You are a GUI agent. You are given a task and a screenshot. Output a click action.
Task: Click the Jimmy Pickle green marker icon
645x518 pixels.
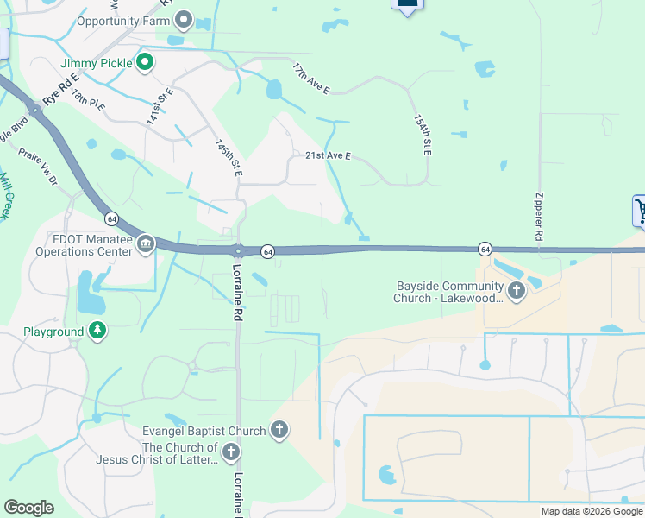145,62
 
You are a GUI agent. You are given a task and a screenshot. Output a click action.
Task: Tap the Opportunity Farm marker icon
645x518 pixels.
183,21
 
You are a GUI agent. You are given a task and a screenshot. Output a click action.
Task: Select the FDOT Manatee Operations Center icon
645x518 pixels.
145,245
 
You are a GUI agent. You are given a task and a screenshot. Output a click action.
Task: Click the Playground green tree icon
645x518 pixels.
97,332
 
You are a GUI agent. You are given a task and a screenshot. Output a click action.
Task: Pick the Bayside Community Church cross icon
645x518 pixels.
517,291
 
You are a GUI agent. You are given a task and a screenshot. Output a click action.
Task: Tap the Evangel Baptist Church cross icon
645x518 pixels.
279,430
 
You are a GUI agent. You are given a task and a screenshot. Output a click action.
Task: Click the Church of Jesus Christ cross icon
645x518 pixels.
230,452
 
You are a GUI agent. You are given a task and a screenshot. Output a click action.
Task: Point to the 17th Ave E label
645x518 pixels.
310,78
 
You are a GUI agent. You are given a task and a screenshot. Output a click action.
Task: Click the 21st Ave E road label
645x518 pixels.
329,156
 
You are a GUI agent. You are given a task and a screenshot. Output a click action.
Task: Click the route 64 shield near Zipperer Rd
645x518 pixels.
485,249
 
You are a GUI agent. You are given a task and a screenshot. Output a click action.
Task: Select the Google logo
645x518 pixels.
28,508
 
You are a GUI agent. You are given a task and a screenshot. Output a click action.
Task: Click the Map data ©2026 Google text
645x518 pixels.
592,511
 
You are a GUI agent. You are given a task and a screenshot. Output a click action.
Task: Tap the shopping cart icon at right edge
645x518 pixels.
639,210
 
